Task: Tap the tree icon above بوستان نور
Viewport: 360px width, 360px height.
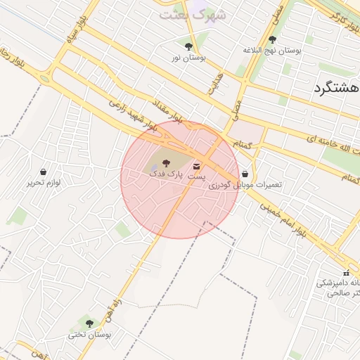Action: coord(188,46)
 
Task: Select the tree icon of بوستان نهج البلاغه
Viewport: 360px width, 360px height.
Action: coord(272,39)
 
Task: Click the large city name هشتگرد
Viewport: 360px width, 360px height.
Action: coord(335,89)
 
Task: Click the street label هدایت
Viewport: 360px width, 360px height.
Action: coord(214,83)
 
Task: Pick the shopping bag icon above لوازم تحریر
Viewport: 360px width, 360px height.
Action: coord(44,172)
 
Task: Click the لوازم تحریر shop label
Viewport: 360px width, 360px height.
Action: coord(44,183)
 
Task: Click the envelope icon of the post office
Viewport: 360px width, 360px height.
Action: coord(195,166)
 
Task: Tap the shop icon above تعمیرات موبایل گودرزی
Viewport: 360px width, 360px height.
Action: coord(245,173)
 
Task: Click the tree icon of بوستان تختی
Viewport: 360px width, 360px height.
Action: coord(89,323)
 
